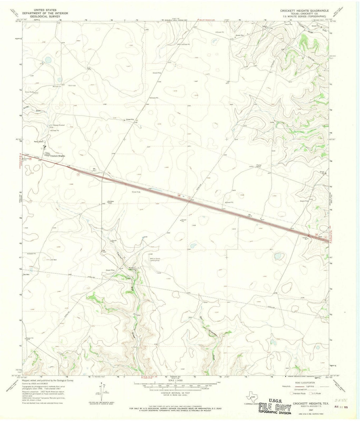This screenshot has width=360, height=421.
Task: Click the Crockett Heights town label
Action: (x=57, y=156)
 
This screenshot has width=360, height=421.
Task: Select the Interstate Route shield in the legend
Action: (x=292, y=393)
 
